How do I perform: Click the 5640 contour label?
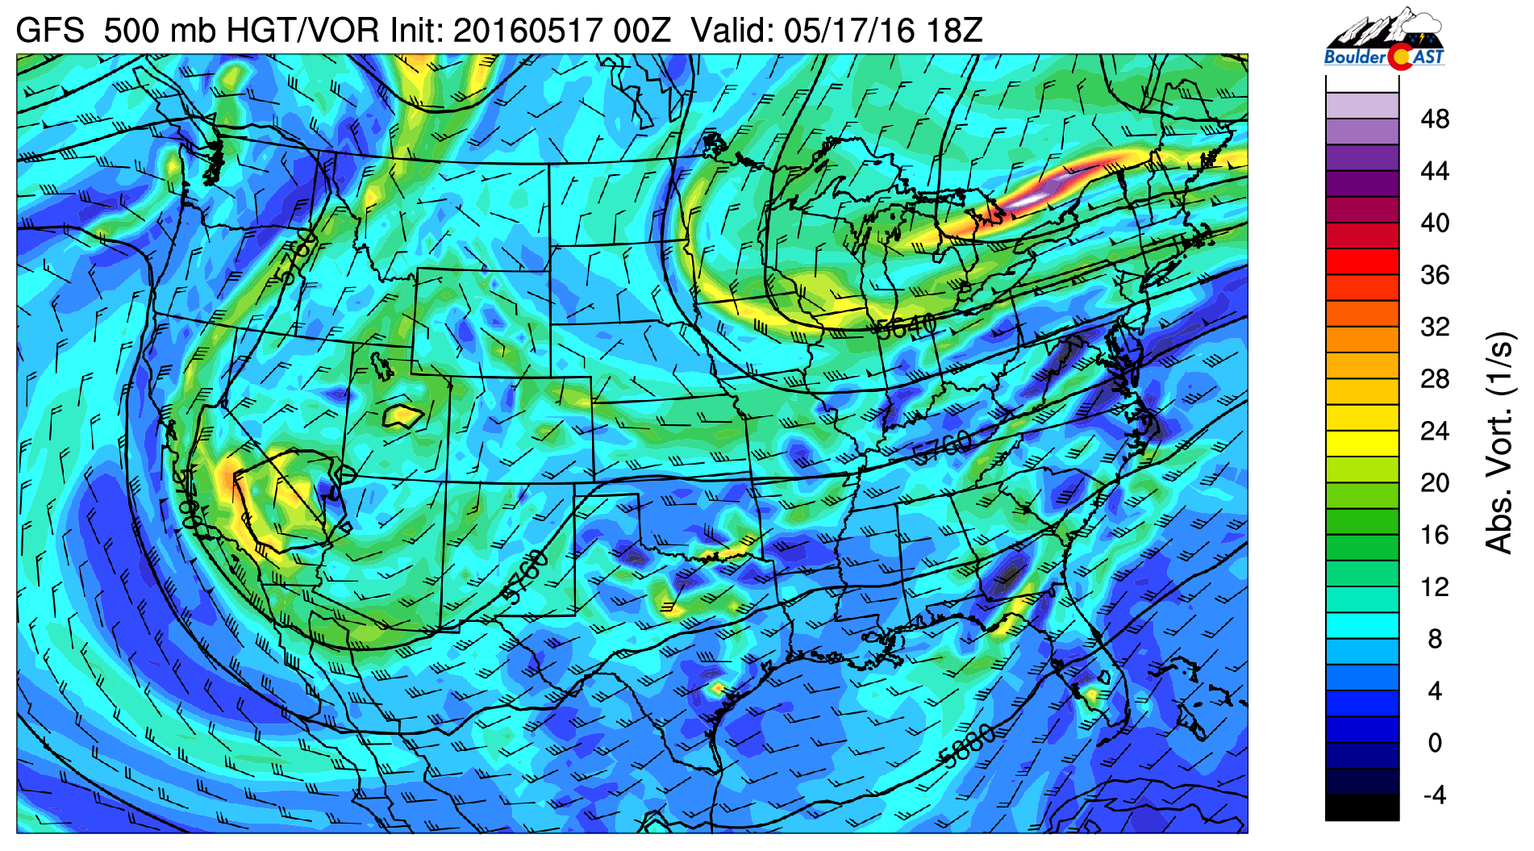click(x=907, y=327)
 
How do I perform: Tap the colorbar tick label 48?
click(x=1435, y=119)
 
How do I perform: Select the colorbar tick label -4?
click(x=1435, y=795)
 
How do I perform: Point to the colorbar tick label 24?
click(x=1435, y=431)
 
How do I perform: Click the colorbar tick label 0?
click(x=1435, y=743)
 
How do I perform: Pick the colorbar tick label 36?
click(x=1435, y=275)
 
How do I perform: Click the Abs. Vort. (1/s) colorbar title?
click(x=1499, y=442)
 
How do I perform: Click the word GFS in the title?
click(x=50, y=31)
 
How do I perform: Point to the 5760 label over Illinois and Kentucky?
click(x=942, y=448)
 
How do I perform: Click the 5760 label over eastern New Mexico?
click(x=524, y=577)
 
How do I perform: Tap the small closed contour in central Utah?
click(x=402, y=416)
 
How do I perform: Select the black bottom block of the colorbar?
click(x=1361, y=807)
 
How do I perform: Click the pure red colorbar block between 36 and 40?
click(x=1361, y=262)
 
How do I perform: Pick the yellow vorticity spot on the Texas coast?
click(x=716, y=688)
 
